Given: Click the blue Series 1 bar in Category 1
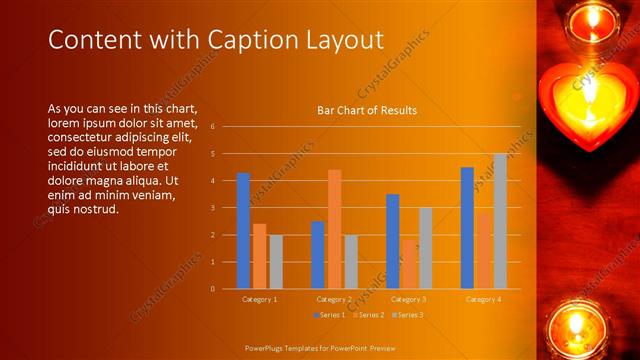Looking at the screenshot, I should click(243, 231).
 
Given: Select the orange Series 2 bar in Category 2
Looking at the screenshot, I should click(334, 229).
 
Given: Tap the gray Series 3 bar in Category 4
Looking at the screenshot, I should click(500, 221).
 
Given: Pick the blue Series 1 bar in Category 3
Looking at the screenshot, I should click(393, 241).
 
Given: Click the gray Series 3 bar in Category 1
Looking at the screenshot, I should click(276, 262).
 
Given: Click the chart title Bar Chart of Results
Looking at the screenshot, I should click(367, 110).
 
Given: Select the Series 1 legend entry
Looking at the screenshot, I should click(329, 315).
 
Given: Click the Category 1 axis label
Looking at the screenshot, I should click(260, 299).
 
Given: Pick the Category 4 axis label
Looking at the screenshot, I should click(483, 299).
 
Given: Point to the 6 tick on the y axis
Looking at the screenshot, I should click(213, 127).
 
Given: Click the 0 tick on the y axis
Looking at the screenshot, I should click(213, 289).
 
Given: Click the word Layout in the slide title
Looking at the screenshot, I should click(346, 40).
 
